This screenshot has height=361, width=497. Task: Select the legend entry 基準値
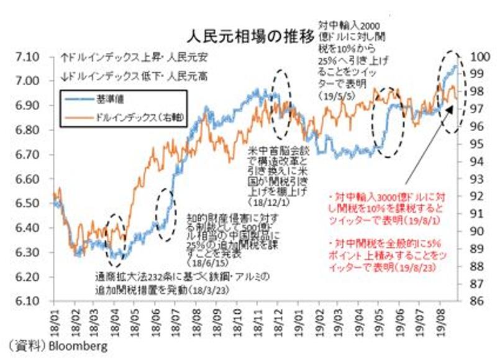click(x=102, y=99)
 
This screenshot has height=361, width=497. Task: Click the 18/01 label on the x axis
click(x=56, y=318)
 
